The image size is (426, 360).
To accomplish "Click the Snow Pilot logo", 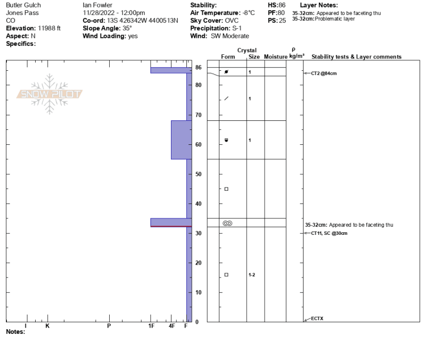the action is click(50, 94).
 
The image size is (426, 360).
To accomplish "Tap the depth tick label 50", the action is click(199, 174).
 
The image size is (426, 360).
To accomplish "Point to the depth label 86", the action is click(199, 68).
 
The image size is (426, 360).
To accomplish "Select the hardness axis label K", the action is click(47, 326).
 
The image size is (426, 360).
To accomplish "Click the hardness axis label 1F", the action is click(151, 326).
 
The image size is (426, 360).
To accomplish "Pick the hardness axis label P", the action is click(109, 326).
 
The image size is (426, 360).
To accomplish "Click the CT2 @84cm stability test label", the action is click(324, 73).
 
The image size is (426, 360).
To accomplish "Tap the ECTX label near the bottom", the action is click(317, 318).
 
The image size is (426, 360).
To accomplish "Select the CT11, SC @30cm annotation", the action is click(329, 233).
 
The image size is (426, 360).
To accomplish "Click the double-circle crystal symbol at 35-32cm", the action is click(227, 223).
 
